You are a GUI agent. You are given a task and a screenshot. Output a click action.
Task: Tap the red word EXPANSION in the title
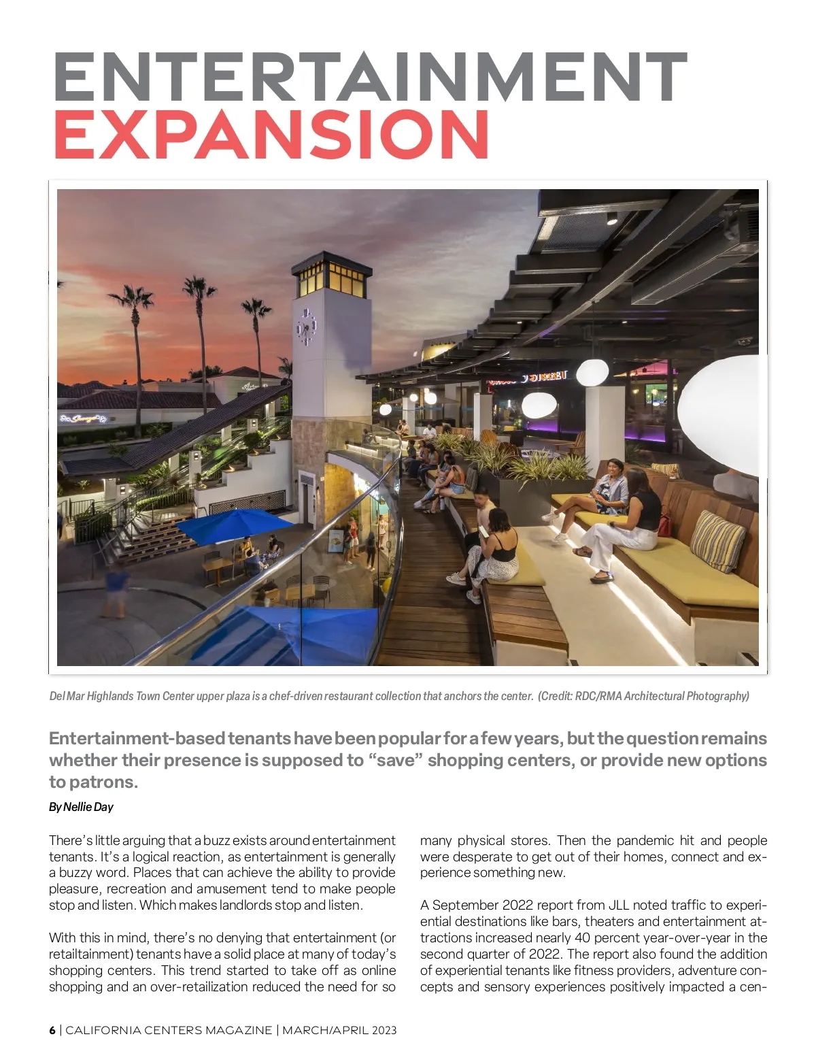[x=271, y=134]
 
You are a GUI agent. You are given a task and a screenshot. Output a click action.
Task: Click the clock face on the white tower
[x=306, y=327]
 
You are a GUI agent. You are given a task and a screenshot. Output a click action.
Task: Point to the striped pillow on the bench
[x=717, y=541]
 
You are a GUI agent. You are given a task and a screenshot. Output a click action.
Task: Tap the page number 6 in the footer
[x=52, y=1030]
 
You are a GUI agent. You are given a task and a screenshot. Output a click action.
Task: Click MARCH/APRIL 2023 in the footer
[x=339, y=1030]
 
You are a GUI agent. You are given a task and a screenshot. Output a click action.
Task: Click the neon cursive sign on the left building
[x=84, y=418]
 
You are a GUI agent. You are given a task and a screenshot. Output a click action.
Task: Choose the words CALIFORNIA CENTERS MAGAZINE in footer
[x=169, y=1030]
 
